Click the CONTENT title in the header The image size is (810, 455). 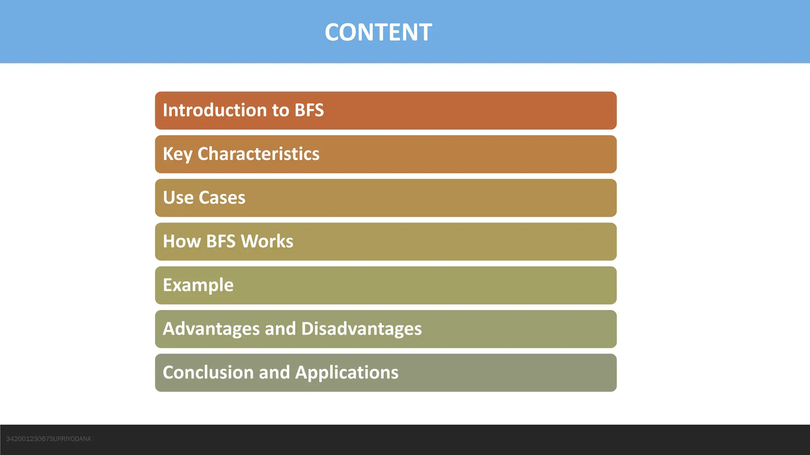point(378,32)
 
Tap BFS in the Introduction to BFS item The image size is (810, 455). point(309,110)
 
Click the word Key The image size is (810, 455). point(177,154)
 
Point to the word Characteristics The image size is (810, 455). point(258,154)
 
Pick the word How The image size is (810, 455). point(182,241)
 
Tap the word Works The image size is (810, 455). point(267,241)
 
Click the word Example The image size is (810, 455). point(198,285)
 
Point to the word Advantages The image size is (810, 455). point(211,329)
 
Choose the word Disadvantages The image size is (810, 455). point(361,329)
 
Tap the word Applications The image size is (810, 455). point(346,372)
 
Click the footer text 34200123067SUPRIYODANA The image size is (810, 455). point(49,439)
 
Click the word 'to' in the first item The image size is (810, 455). point(280,110)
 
